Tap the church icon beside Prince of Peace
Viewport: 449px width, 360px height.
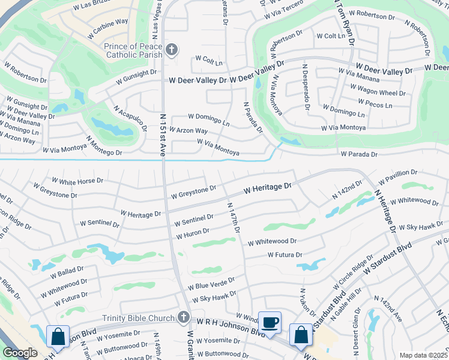tap(172, 50)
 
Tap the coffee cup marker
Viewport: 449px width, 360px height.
tap(270, 322)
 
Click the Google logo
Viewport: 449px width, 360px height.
tap(20, 353)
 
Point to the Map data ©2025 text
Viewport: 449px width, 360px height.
tap(423, 355)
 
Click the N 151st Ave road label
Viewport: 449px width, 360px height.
tap(163, 135)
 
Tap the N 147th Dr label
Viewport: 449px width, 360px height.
tap(234, 218)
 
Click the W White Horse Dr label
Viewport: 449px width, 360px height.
tap(77, 181)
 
